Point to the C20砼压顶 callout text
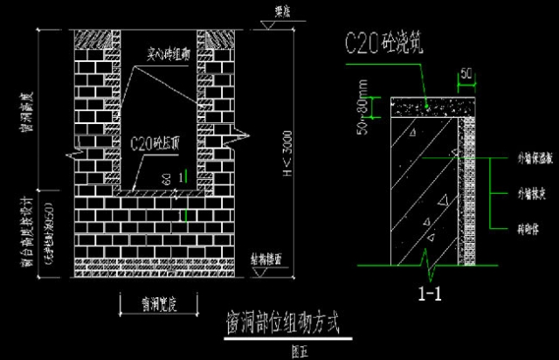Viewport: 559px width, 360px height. (159, 142)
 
